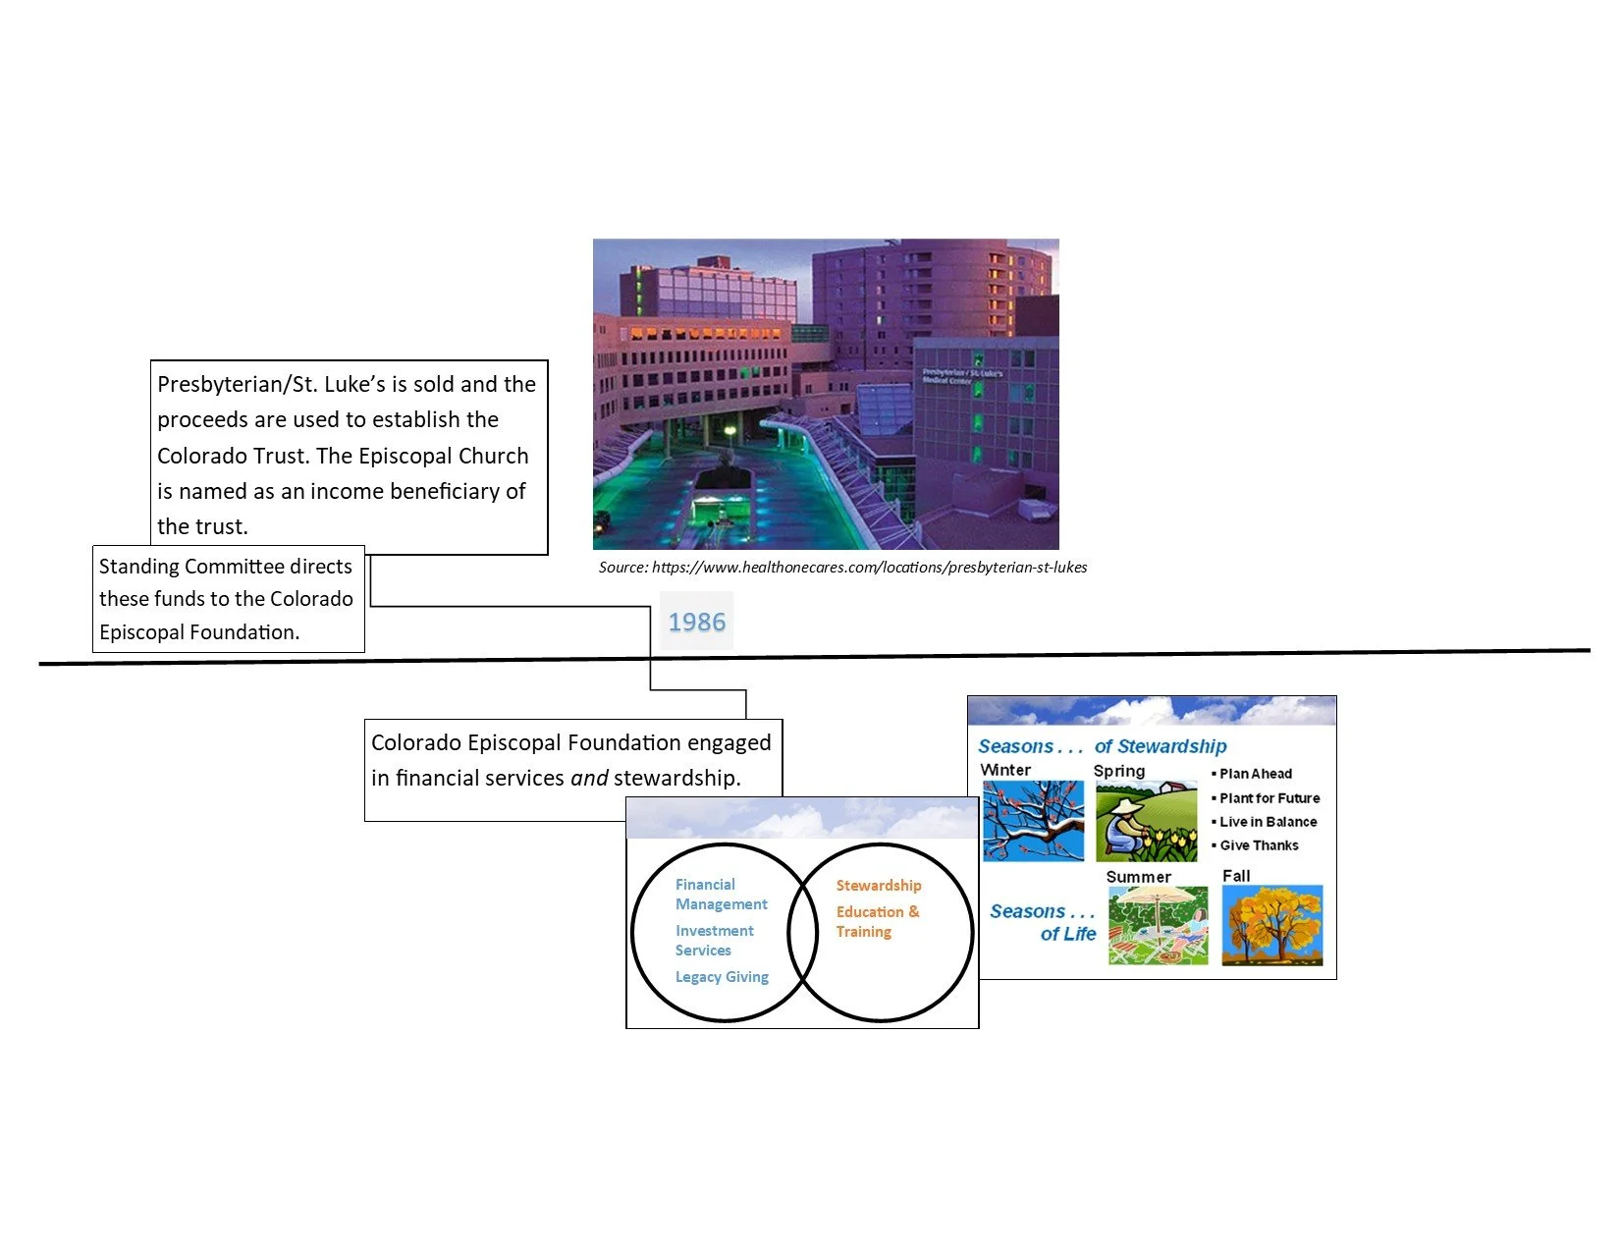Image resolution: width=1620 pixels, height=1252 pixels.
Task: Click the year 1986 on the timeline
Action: [695, 622]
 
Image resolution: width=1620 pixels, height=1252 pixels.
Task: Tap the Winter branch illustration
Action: [1033, 820]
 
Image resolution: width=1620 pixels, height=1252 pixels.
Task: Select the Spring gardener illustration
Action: [1146, 821]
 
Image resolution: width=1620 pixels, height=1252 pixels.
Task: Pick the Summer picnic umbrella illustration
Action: [1157, 925]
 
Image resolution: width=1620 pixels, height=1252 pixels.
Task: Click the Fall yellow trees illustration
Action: [1271, 925]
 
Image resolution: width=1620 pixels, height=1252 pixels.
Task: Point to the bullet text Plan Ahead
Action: [1256, 774]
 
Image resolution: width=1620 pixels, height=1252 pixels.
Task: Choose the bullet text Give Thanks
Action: [1259, 844]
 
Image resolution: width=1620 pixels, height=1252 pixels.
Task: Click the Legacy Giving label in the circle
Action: [722, 977]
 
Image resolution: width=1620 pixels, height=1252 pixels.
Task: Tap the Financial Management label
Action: [721, 894]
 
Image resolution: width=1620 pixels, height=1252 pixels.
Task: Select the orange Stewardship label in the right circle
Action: [878, 885]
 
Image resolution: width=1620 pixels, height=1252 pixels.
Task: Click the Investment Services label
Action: [714, 941]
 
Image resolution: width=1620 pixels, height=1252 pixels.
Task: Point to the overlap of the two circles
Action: [803, 932]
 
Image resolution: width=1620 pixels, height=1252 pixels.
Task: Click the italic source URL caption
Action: [842, 567]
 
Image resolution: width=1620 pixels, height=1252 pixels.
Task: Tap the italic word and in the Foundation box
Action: [589, 778]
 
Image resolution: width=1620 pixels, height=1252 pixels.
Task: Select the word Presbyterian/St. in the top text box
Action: [237, 384]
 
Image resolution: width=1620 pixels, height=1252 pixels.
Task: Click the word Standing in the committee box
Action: [138, 567]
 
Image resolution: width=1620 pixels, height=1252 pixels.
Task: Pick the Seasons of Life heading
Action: [1043, 922]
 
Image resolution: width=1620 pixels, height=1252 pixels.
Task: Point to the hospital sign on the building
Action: [962, 376]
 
